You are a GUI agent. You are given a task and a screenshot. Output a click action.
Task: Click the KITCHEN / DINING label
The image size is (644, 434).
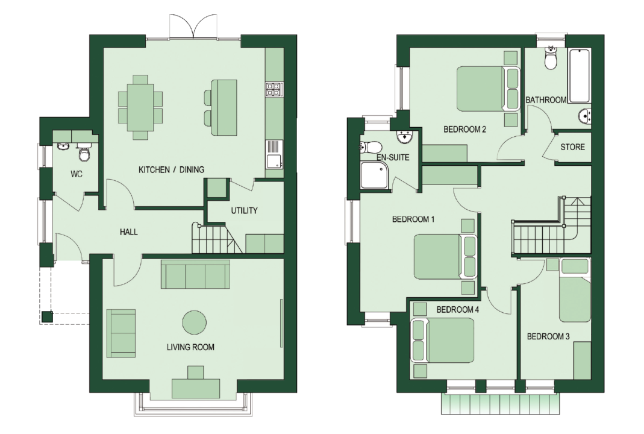171,169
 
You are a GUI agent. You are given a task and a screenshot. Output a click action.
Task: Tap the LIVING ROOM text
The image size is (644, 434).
190,347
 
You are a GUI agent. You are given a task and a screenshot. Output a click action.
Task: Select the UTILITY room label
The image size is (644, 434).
244,210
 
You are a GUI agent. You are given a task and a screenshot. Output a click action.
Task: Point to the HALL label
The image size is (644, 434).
128,232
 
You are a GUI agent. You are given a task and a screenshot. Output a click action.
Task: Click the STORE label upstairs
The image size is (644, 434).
572,147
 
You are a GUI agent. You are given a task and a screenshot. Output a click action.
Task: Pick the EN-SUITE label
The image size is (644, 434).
393,157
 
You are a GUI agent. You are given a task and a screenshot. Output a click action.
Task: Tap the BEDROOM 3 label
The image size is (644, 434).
548,336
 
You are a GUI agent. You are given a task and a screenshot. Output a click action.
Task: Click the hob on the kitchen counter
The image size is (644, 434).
274,90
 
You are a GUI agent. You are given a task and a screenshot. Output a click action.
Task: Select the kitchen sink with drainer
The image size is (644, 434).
274,154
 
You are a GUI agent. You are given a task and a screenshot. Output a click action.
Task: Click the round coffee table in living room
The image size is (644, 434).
194,322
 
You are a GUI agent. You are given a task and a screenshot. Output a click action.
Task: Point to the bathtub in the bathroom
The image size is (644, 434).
580,75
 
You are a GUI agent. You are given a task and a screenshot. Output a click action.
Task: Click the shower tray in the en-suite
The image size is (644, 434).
374,175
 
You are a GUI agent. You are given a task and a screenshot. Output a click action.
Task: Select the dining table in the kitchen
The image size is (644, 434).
140,107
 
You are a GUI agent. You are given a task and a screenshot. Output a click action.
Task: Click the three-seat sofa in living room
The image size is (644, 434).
196,274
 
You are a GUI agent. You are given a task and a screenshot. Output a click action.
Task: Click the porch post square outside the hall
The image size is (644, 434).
47,317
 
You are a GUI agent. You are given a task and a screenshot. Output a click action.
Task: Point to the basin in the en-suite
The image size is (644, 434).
405,137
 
